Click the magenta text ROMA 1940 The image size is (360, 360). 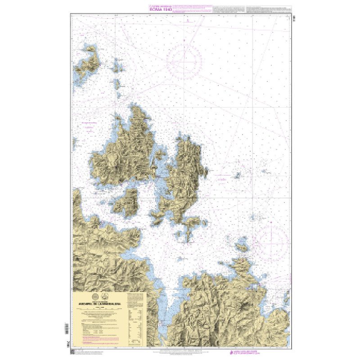click(x=161, y=9)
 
